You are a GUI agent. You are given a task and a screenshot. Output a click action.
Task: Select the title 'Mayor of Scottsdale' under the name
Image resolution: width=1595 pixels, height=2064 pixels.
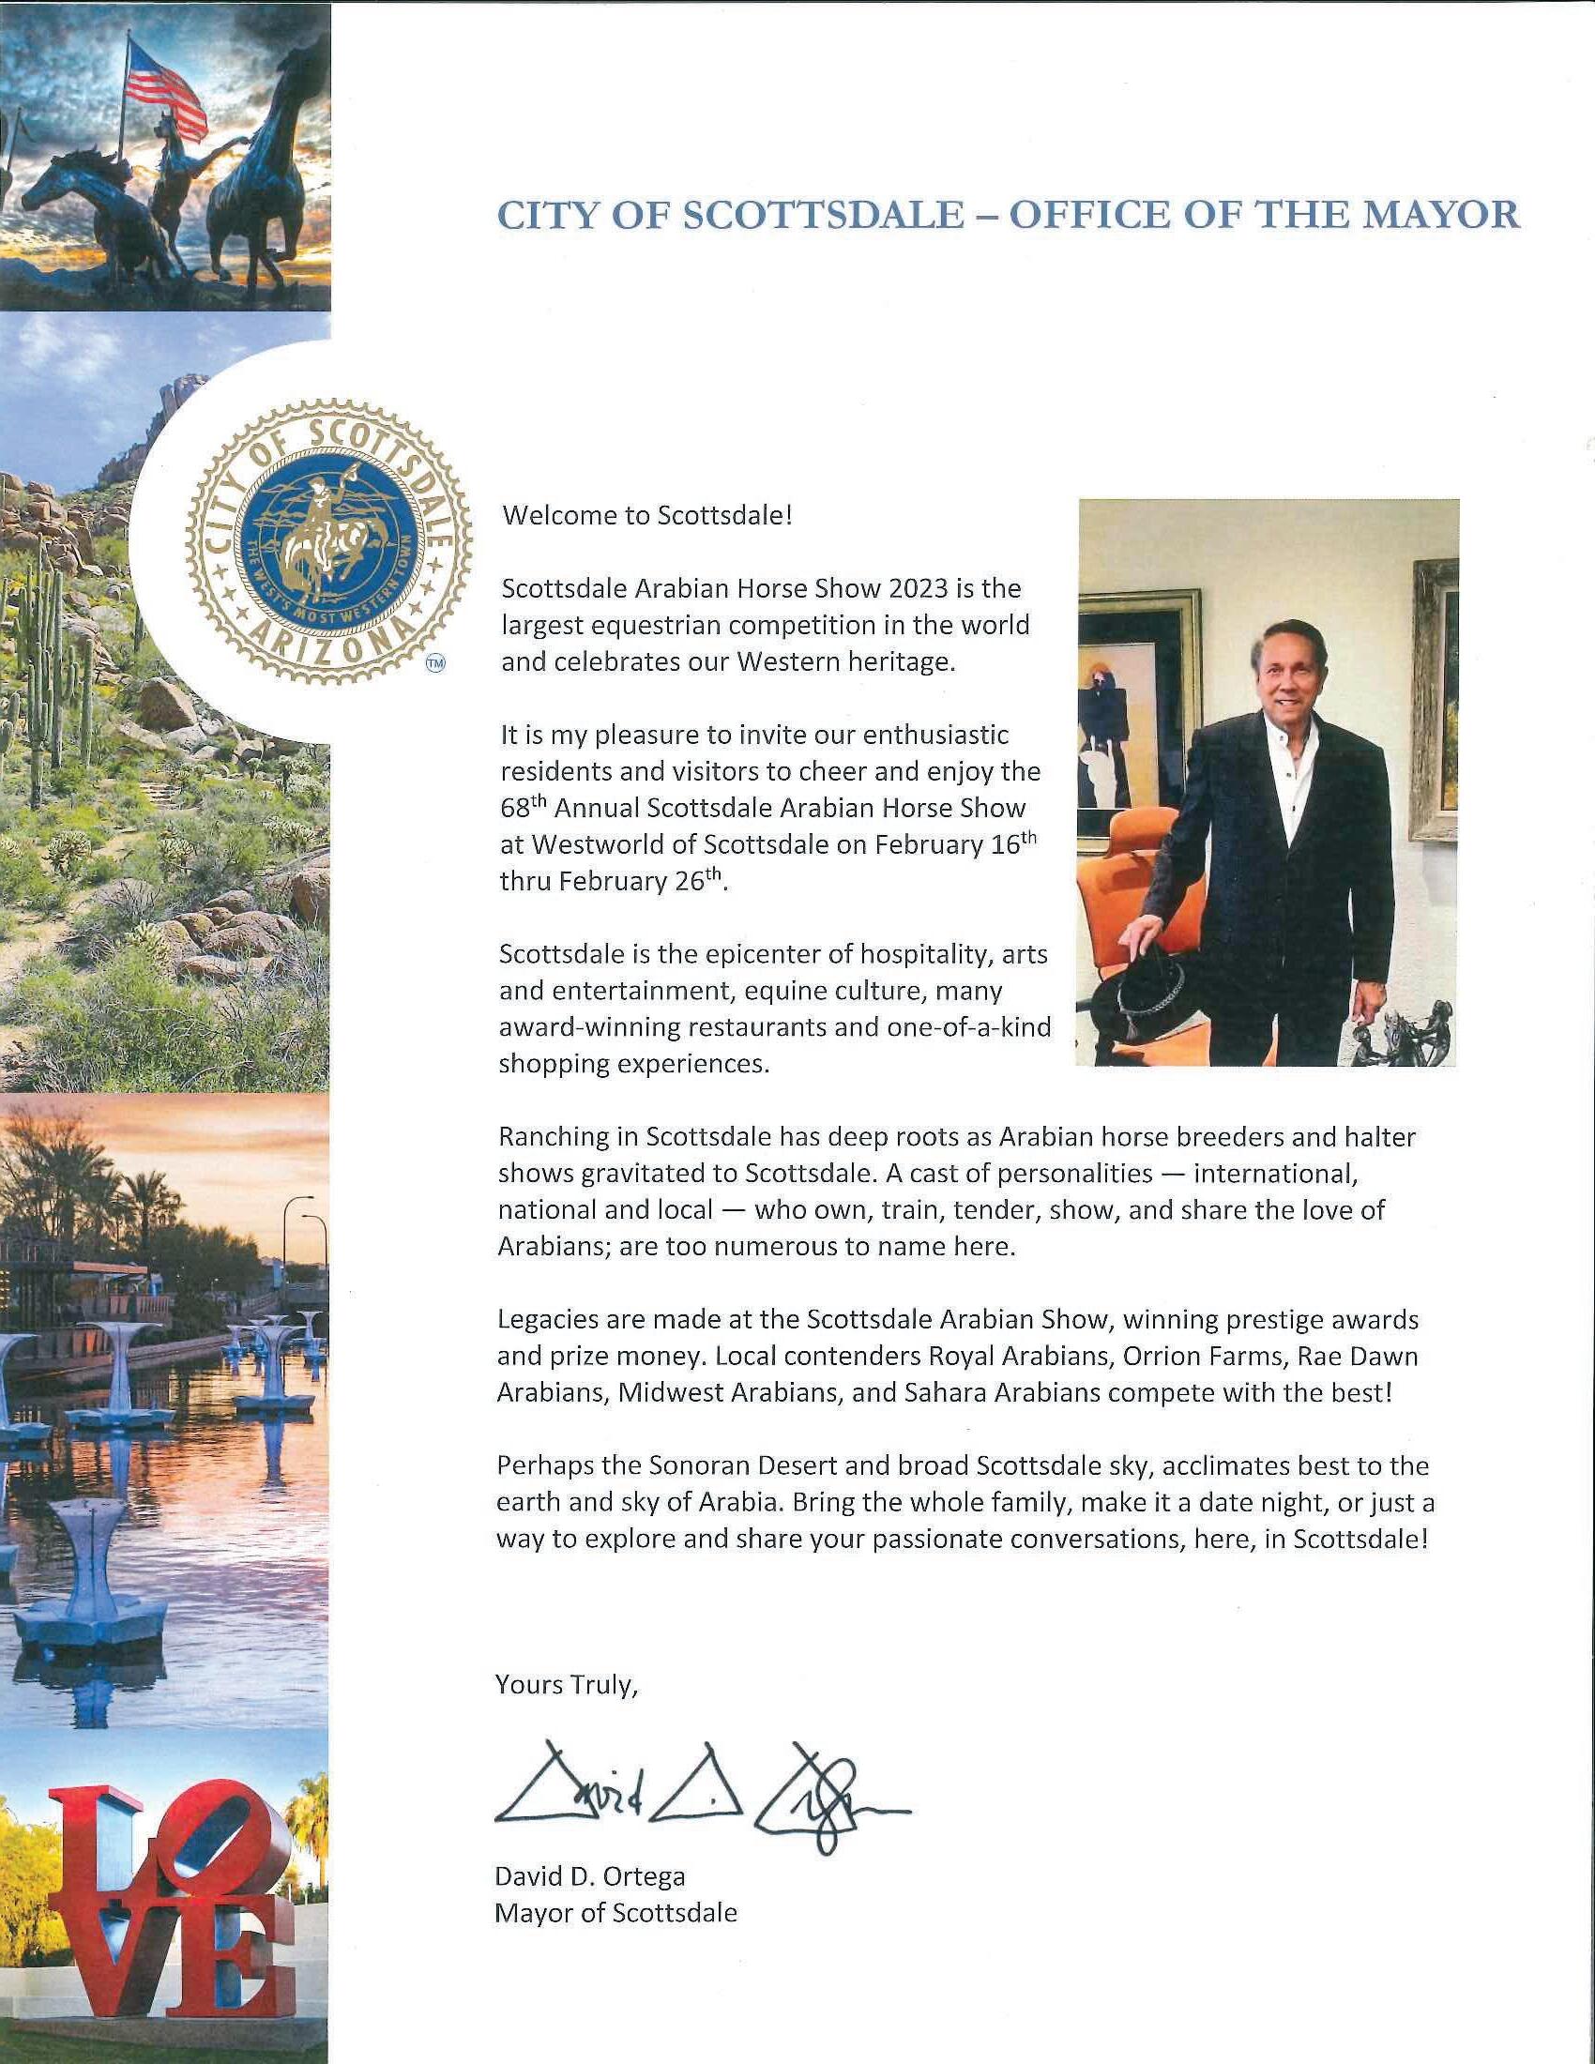click(615, 1913)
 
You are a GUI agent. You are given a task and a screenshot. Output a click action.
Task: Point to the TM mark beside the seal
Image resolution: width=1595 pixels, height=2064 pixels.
click(435, 663)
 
